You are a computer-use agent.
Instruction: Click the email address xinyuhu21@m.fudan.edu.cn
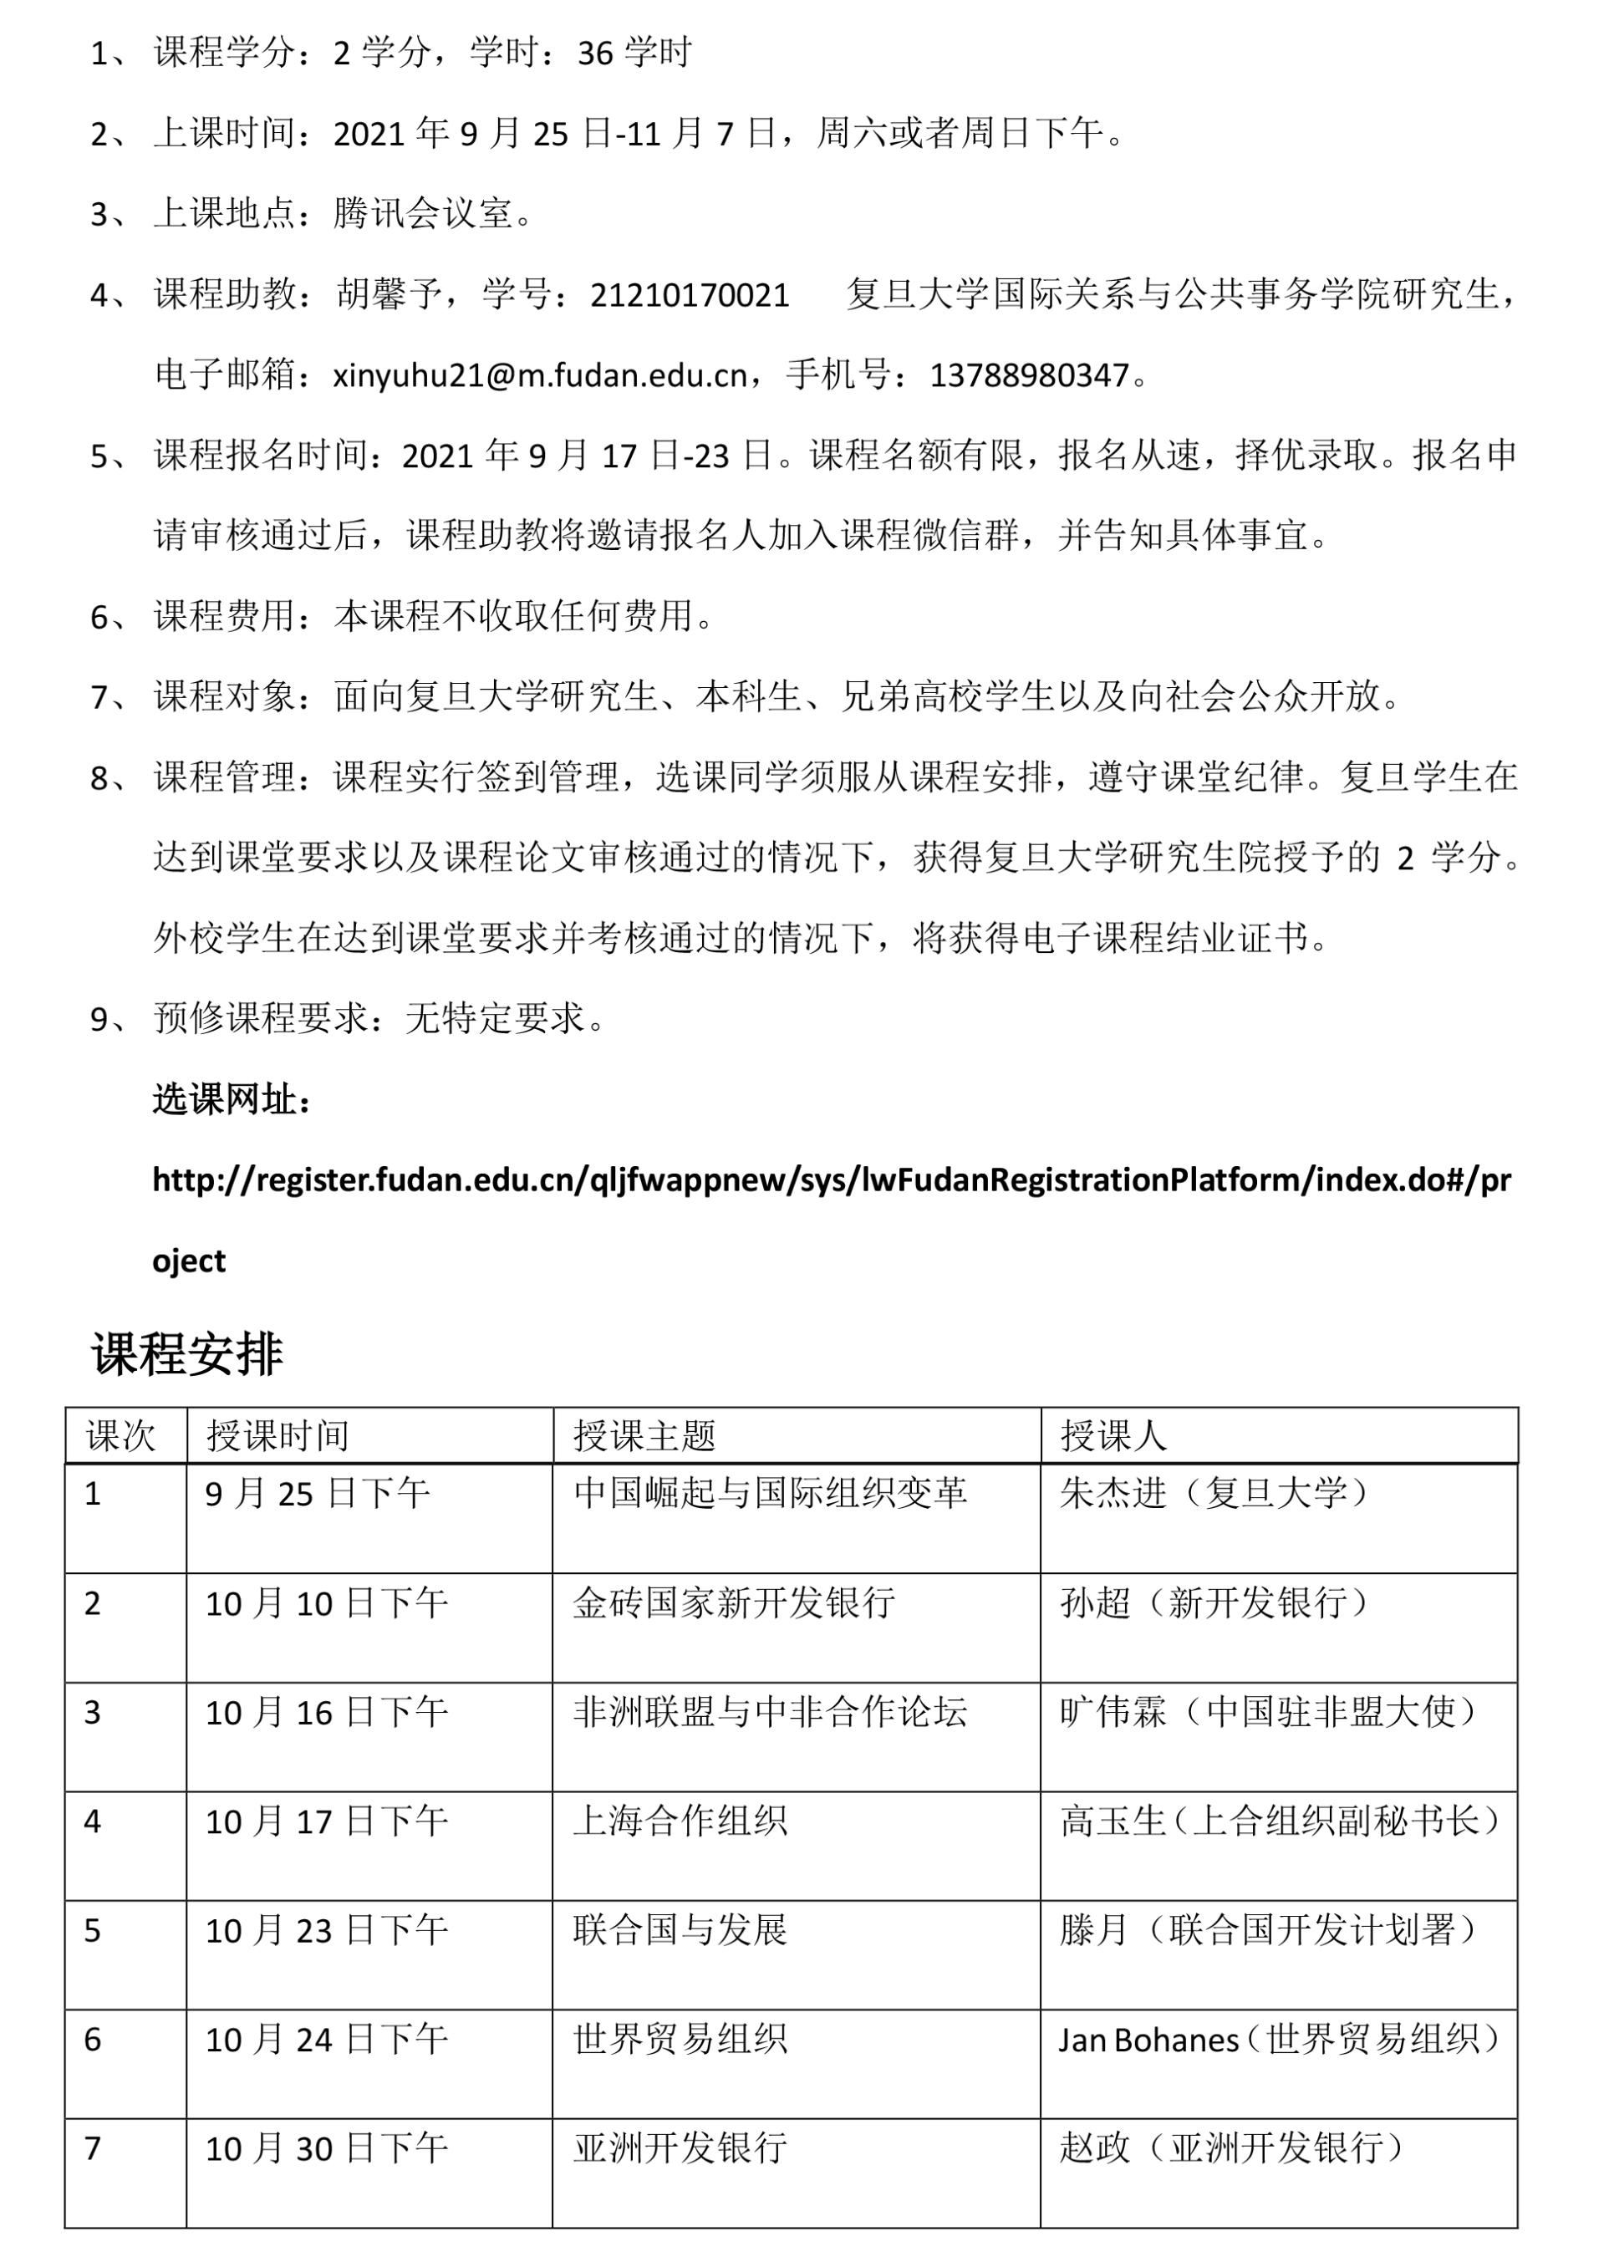[x=540, y=376]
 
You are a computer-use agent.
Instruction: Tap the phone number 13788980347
[x=1030, y=376]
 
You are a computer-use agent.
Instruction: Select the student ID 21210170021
[x=690, y=295]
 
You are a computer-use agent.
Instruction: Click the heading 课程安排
[x=187, y=1353]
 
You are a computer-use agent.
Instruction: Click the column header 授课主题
[x=644, y=1435]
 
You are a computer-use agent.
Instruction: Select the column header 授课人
[x=1113, y=1435]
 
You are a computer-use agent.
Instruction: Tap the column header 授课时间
[x=278, y=1435]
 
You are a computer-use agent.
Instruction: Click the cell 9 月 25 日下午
[x=317, y=1494]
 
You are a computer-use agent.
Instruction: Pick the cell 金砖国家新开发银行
[x=734, y=1603]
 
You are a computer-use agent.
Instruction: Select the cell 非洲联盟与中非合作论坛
[x=770, y=1712]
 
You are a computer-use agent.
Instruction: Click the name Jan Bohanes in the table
[x=1148, y=2039]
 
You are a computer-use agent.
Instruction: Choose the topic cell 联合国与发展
[x=680, y=1930]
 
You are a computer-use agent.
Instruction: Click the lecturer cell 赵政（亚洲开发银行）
[x=1231, y=2148]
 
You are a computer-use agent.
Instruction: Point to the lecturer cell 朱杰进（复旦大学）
[x=1214, y=1494]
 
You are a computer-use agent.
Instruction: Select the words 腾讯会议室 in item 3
[x=423, y=214]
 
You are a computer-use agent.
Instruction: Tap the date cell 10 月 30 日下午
[x=326, y=2148]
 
